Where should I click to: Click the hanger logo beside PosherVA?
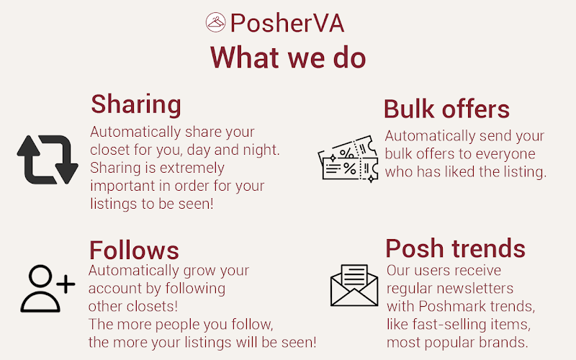coord(215,22)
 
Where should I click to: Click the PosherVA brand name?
coord(287,23)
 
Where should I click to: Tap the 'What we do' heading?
coord(288,58)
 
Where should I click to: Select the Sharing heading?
coord(136,105)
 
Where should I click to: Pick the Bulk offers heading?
coord(446,109)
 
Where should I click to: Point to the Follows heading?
coord(134,251)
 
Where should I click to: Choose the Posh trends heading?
coord(456,248)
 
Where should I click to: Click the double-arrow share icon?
coord(48,159)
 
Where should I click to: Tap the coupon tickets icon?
coord(348,159)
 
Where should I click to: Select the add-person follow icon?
coord(48,289)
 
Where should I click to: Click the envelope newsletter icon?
coord(354,285)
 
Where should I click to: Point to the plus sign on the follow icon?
coord(66,284)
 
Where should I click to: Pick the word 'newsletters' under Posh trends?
coord(480,289)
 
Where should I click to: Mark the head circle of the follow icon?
coord(40,276)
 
